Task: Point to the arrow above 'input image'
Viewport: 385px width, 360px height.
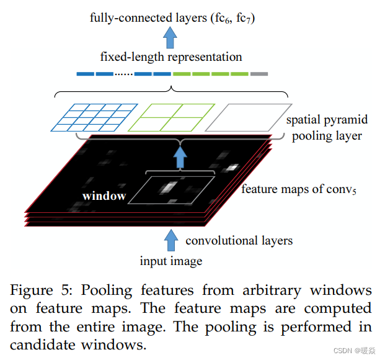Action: click(170, 238)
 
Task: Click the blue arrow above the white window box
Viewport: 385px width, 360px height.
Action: click(180, 159)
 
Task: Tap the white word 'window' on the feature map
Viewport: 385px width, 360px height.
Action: click(104, 196)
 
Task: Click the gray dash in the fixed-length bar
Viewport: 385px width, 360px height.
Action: click(259, 74)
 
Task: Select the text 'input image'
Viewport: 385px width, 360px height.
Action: click(170, 261)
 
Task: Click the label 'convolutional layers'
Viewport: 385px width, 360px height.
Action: click(239, 240)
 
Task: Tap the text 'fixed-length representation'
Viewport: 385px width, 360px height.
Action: click(170, 57)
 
